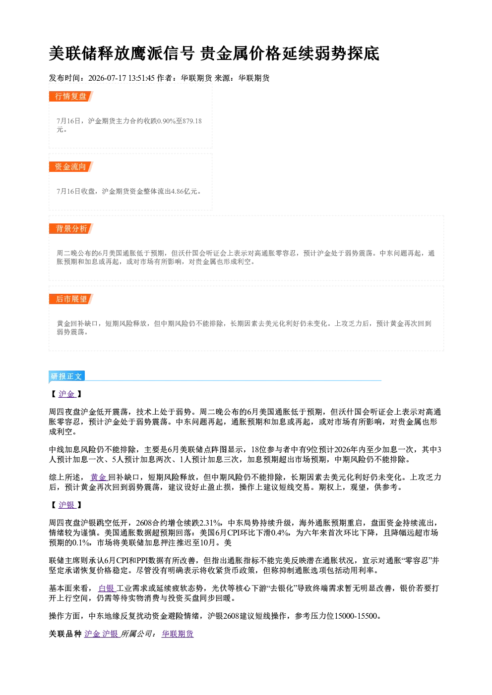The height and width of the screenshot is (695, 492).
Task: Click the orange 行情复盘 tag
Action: pyautogui.click(x=71, y=96)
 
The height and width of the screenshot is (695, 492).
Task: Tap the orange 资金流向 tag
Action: pyautogui.click(x=71, y=166)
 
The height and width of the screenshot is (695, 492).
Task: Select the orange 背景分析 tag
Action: pyautogui.click(x=71, y=229)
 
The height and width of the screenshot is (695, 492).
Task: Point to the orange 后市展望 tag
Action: pyautogui.click(x=71, y=299)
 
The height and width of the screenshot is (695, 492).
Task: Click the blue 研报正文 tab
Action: pyautogui.click(x=66, y=376)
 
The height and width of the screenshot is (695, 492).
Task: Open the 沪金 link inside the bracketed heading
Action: pyautogui.click(x=66, y=394)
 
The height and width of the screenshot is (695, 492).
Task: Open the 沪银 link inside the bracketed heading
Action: pyautogui.click(x=66, y=505)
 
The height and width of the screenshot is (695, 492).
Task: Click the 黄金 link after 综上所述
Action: pyautogui.click(x=98, y=477)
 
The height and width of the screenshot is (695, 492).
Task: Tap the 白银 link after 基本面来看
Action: pyautogui.click(x=106, y=588)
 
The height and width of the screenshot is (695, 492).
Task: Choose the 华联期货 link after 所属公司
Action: pyautogui.click(x=178, y=634)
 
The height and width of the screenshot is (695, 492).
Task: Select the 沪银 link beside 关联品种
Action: pyautogui.click(x=110, y=634)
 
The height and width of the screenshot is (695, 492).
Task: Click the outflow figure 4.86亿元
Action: pyautogui.click(x=184, y=191)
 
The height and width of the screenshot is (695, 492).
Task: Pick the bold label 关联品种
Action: pyautogui.click(x=65, y=634)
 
